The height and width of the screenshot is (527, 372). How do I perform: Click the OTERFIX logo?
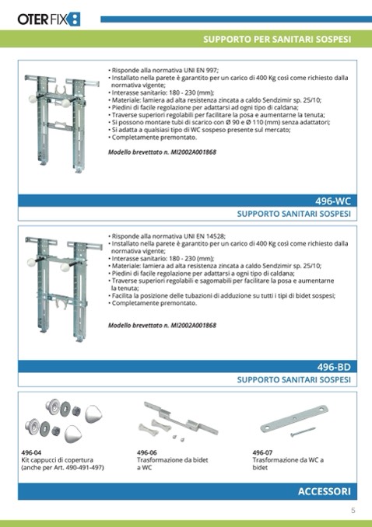[49, 19]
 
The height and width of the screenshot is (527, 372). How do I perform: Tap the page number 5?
[353, 510]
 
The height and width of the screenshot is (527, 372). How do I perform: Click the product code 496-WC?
[332, 201]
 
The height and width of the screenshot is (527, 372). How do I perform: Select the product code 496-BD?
[334, 367]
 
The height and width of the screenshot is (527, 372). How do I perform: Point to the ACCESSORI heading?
[325, 491]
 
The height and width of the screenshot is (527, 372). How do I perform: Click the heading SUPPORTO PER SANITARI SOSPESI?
[277, 40]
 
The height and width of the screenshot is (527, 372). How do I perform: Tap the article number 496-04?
[31, 452]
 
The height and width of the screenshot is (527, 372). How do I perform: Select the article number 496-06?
[147, 452]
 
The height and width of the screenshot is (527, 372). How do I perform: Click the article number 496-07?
[262, 452]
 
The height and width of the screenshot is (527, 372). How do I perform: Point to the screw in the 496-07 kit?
[303, 432]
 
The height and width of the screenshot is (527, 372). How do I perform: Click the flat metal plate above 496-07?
[294, 418]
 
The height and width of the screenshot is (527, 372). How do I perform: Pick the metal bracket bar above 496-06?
[181, 417]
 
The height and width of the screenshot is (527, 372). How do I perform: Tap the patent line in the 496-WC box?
[162, 152]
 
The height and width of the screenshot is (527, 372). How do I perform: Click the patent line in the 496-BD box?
[162, 325]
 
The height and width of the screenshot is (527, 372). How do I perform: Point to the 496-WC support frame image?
[61, 124]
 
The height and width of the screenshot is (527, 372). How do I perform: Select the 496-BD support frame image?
[63, 289]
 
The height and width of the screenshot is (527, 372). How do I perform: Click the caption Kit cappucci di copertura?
[58, 460]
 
